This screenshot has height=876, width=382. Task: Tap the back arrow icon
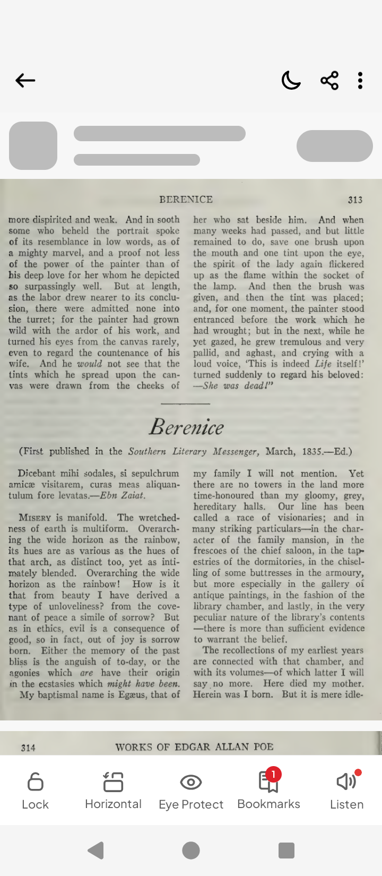[25, 81]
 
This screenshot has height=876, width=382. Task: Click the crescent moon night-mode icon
[291, 81]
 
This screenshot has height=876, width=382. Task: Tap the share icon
[329, 81]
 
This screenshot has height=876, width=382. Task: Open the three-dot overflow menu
[360, 81]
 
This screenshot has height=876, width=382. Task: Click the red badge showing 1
[273, 775]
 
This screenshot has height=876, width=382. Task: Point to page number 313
[355, 200]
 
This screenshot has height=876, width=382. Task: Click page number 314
[28, 748]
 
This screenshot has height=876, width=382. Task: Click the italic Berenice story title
[187, 427]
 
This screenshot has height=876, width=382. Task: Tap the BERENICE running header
[186, 200]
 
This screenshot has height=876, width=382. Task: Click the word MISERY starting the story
[35, 518]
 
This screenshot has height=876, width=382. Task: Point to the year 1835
[312, 452]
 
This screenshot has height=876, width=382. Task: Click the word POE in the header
[263, 747]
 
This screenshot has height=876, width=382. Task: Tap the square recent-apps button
[286, 851]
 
